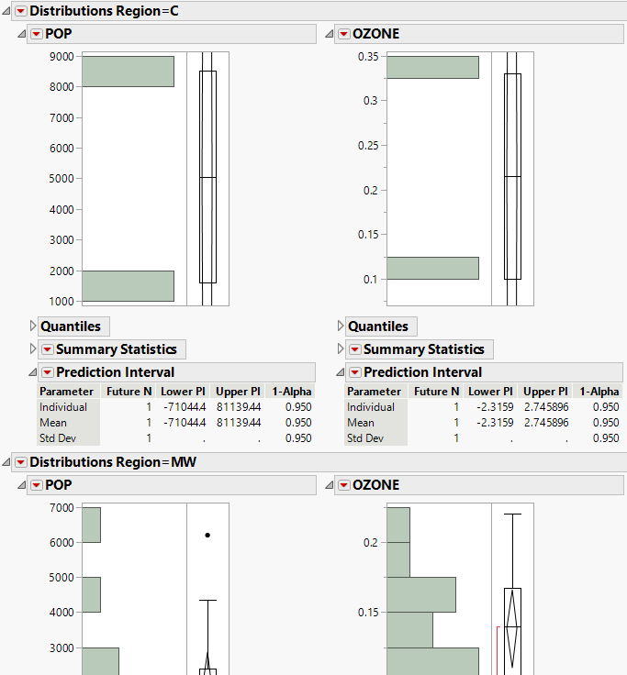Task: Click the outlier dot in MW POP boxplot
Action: pyautogui.click(x=207, y=535)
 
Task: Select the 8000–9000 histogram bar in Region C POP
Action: pyautogui.click(x=128, y=72)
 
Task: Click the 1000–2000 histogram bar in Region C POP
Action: pyautogui.click(x=128, y=286)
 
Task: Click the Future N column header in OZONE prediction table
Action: pyautogui.click(x=435, y=391)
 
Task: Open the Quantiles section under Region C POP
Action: pyautogui.click(x=70, y=326)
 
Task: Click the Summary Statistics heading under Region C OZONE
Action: pyautogui.click(x=423, y=349)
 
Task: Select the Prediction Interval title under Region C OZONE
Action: pyautogui.click(x=422, y=372)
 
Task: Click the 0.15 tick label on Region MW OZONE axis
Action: pyautogui.click(x=366, y=612)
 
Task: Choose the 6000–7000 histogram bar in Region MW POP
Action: pyautogui.click(x=91, y=525)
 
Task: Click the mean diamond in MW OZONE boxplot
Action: pyautogui.click(x=512, y=626)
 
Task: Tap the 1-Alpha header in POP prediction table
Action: pyautogui.click(x=292, y=391)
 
